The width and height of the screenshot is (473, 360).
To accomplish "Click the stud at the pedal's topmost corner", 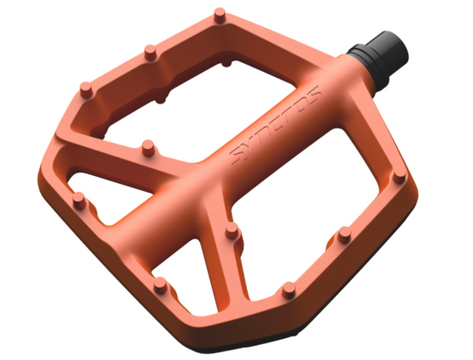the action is coord(220,16).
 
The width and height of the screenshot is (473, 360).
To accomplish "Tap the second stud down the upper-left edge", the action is coord(151,53).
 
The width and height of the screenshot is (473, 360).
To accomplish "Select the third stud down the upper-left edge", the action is coord(86,89).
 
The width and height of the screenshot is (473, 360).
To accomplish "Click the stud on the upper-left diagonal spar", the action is coord(148,148).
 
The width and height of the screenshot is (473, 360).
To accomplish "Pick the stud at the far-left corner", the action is coord(80,201).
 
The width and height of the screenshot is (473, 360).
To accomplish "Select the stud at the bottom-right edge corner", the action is coord(289,290).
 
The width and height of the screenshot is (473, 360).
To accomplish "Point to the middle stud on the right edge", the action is coord(344,235).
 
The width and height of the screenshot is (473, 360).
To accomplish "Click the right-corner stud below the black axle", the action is coord(399,176).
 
